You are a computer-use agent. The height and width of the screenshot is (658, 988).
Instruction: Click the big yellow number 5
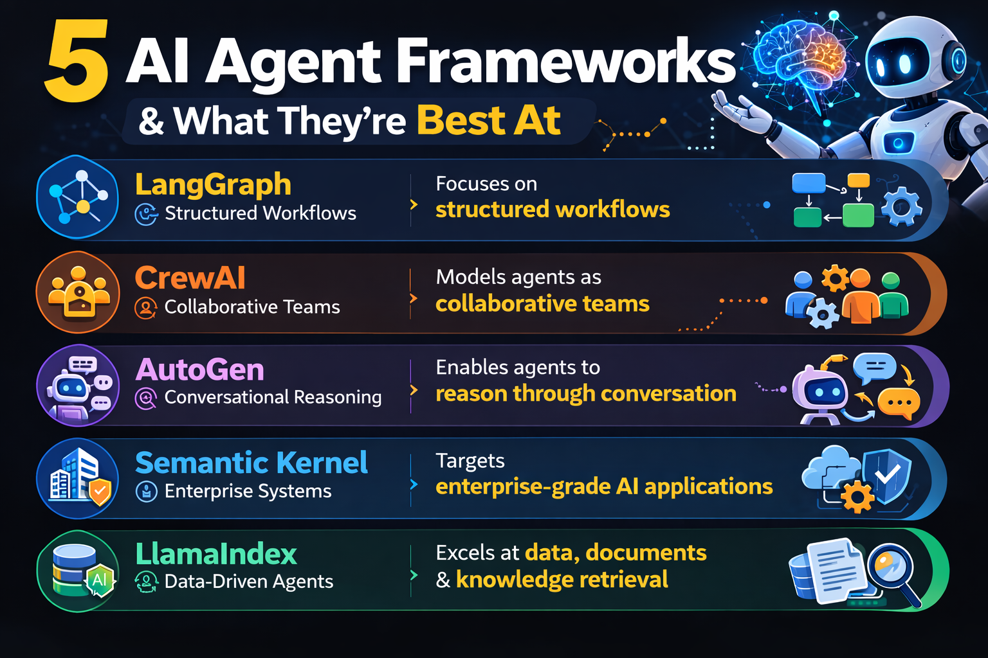click(77, 60)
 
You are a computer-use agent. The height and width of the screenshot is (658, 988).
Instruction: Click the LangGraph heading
click(213, 185)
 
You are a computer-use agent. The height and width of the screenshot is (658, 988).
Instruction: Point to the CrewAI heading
click(190, 278)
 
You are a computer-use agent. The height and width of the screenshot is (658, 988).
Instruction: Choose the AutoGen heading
click(200, 369)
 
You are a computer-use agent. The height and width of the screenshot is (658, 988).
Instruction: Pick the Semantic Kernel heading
click(252, 463)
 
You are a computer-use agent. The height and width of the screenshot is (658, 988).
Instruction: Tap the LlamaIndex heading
click(216, 554)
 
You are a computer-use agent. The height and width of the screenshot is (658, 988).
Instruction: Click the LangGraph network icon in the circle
click(78, 197)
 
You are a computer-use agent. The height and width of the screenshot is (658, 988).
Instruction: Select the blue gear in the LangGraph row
click(902, 206)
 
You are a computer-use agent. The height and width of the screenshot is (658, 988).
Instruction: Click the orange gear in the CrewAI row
click(835, 278)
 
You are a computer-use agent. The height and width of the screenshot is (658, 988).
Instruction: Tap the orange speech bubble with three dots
click(899, 404)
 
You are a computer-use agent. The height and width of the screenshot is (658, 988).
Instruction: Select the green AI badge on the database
click(100, 580)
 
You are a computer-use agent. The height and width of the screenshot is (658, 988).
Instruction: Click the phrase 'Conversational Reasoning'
click(273, 397)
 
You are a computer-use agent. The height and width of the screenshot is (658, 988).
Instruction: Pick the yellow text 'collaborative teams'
click(542, 304)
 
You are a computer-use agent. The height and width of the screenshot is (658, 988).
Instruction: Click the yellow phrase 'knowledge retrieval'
click(562, 579)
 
